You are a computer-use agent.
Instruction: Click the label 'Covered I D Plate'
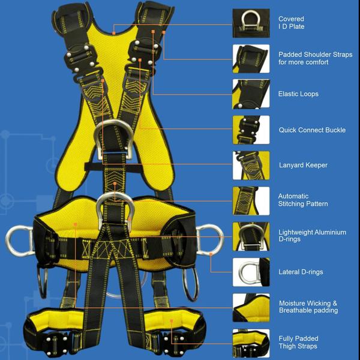click(292, 23)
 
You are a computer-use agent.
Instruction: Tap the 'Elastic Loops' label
click(298, 94)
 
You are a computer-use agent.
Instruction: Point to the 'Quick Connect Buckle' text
click(312, 130)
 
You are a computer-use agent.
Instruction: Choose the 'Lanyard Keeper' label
click(303, 165)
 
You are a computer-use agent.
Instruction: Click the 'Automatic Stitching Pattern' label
click(302, 200)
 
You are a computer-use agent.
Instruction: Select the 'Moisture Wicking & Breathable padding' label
click(308, 307)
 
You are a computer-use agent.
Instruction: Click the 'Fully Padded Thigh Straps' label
click(298, 343)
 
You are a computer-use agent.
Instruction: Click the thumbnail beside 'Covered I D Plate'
click(251, 23)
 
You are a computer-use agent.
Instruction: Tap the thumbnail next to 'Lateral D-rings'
click(251, 272)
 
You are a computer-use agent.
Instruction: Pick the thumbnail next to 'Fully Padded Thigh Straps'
click(251, 343)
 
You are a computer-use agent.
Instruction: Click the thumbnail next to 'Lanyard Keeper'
click(251, 165)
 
